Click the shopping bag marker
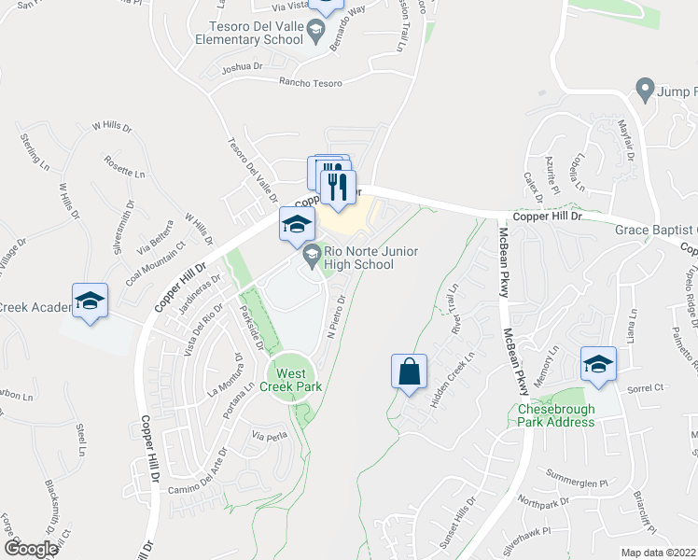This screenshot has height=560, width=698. click(x=410, y=372)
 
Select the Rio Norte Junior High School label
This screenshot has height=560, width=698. click(x=371, y=258)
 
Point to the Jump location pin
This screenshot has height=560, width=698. click(x=644, y=91)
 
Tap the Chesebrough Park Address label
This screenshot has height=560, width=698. click(x=556, y=414)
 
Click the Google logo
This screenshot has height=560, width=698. click(x=31, y=549)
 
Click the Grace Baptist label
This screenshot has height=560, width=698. click(x=655, y=230)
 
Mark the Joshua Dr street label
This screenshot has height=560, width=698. click(x=243, y=68)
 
